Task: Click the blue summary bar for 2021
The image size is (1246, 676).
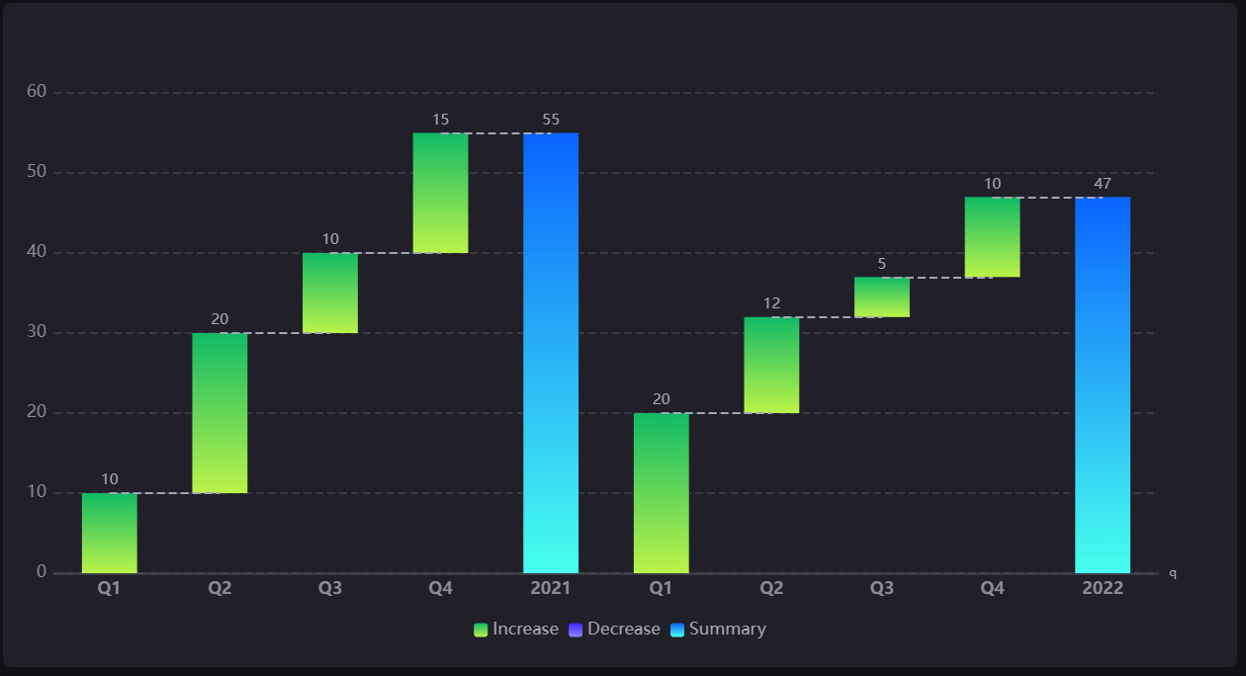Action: tap(551, 353)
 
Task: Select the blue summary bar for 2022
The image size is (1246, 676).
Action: tap(1103, 384)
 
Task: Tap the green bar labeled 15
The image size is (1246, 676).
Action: tap(440, 193)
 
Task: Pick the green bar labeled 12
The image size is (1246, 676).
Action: tap(771, 365)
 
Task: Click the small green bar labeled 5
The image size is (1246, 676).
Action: tap(882, 297)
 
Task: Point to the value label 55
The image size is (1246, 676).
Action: tap(551, 120)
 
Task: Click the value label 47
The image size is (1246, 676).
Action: tap(1103, 184)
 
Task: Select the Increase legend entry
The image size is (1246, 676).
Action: tap(516, 630)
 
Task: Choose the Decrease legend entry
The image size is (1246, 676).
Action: tap(614, 630)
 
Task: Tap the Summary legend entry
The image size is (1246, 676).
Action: tap(718, 630)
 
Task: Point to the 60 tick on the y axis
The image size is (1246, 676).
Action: tap(37, 92)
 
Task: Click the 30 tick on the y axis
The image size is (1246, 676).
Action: tap(37, 332)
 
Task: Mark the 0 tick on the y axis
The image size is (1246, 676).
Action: tap(42, 572)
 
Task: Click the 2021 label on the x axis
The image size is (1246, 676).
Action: tap(551, 588)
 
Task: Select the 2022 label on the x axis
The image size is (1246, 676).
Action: tap(1103, 588)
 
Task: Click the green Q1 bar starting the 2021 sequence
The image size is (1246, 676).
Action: tap(109, 533)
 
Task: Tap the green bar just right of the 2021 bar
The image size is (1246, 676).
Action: tap(661, 493)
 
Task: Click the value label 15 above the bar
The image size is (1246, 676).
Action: tap(440, 120)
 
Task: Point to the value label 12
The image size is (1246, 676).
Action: tap(771, 303)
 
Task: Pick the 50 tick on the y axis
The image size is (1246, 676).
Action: tap(37, 172)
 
